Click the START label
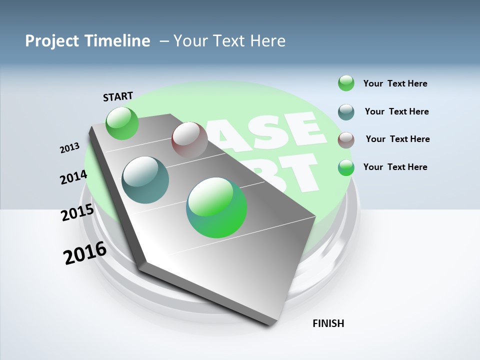[x=118, y=96]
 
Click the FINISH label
[x=328, y=323]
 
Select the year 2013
[x=69, y=148]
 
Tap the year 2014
[x=73, y=177]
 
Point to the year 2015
[x=77, y=212]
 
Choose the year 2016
[x=85, y=253]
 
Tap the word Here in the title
[x=267, y=41]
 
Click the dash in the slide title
[x=163, y=41]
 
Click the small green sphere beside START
[x=122, y=123]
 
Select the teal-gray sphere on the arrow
[x=145, y=180]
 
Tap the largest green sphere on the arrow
[x=216, y=207]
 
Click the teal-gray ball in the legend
[x=346, y=112]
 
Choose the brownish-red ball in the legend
[x=346, y=140]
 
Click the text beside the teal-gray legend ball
[x=396, y=111]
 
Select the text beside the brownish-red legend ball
[x=397, y=139]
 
